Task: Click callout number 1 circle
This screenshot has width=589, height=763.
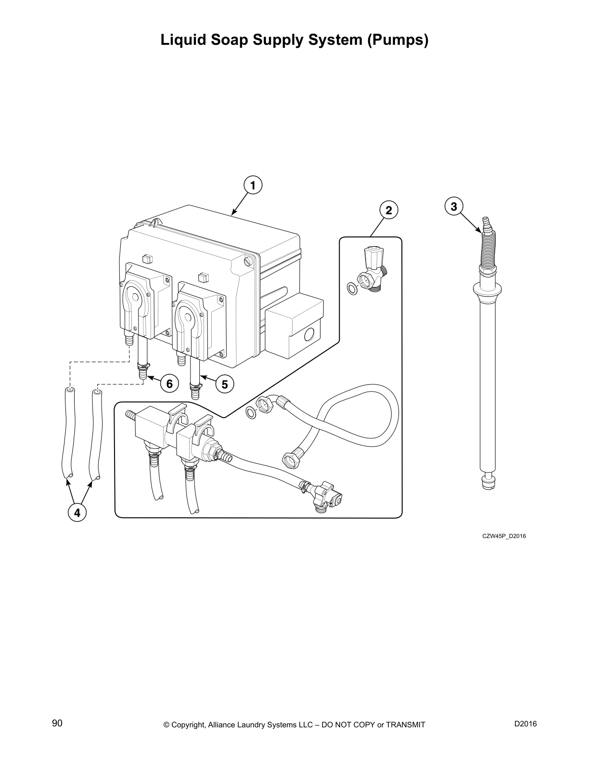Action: (253, 185)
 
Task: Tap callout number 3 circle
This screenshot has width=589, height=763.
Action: (454, 206)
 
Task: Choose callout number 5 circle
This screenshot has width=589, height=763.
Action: (224, 384)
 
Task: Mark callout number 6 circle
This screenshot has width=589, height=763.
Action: (169, 384)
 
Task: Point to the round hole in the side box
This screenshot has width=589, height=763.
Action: (309, 333)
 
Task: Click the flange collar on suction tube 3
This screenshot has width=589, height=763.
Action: (487, 290)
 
